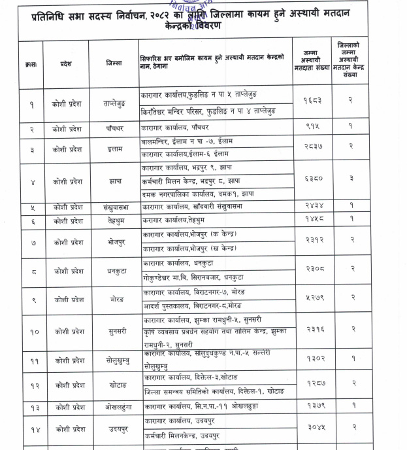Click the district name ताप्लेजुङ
(118, 103)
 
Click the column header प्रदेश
(65, 63)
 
